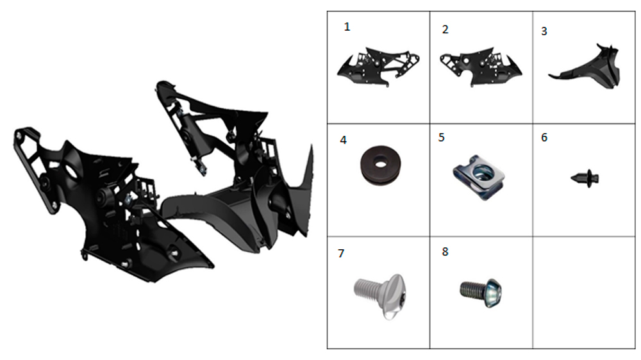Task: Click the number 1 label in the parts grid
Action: click(347, 27)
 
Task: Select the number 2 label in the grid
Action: click(445, 29)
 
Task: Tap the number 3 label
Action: click(544, 31)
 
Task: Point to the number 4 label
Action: click(344, 140)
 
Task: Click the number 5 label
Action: click(442, 137)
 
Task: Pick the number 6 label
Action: click(544, 137)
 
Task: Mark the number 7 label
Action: click(342, 254)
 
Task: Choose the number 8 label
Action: click(445, 251)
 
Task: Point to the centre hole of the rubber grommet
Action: click(381, 164)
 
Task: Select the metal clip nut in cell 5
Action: click(479, 177)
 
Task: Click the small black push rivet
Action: click(585, 178)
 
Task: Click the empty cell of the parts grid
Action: click(584, 293)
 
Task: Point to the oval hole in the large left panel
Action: click(72, 171)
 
